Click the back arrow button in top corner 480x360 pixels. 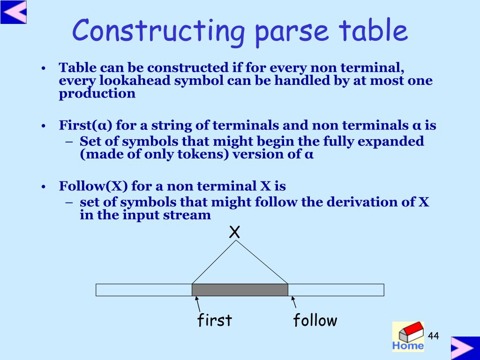14,12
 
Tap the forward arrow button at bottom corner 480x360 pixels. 465,348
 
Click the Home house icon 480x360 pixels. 408,336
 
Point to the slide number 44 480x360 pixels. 433,336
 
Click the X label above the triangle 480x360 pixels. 234,232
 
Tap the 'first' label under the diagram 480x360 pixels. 215,320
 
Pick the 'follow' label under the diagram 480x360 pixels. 315,320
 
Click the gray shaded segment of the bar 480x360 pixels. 240,290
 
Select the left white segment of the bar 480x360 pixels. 144,290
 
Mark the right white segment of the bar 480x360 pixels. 336,290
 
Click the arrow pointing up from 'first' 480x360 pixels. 198,304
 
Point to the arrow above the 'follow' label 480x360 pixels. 293,302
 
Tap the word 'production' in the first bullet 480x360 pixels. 97,93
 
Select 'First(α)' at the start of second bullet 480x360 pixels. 86,125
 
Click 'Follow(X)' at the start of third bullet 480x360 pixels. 93,186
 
